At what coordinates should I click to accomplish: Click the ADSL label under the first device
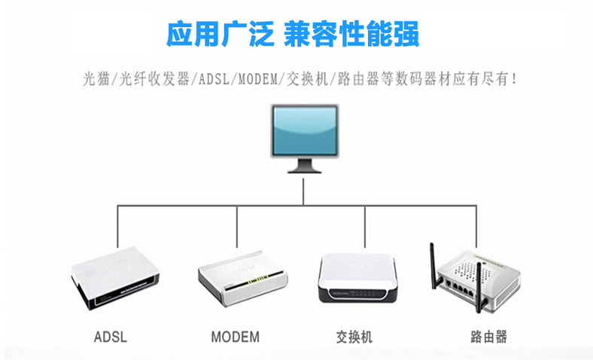(111, 336)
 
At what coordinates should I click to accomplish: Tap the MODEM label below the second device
(235, 336)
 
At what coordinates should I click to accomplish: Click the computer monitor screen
(303, 130)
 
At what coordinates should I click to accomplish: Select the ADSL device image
(117, 282)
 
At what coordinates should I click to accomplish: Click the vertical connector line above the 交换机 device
(365, 226)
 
